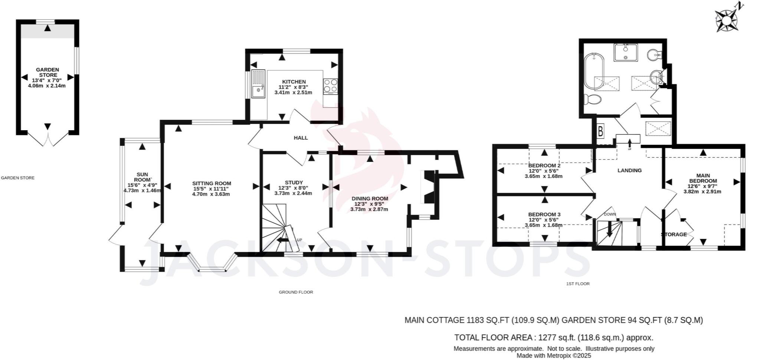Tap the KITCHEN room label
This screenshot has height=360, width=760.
(294, 82)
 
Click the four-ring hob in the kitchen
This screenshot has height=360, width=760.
(330, 86)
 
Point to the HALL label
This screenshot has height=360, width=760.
(301, 138)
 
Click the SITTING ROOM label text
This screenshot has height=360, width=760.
(212, 183)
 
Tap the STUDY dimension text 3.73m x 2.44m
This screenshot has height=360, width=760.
(293, 193)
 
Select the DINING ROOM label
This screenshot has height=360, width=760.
(370, 199)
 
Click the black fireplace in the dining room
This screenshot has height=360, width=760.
(429, 187)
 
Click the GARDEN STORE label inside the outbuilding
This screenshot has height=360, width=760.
(47, 72)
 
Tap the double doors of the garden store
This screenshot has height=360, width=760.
(48, 139)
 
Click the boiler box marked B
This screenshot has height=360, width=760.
(600, 131)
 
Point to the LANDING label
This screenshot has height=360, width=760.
(629, 170)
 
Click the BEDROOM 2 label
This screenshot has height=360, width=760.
(544, 166)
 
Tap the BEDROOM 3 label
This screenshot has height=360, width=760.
(544, 215)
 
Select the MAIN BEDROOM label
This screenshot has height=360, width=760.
(703, 178)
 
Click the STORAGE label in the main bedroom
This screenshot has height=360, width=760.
(674, 235)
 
